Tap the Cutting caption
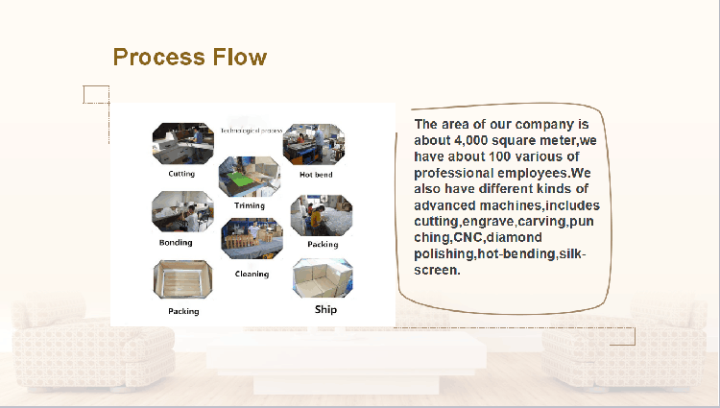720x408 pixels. pyautogui.click(x=180, y=174)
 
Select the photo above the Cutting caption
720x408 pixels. pyautogui.click(x=182, y=144)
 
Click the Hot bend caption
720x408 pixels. pyautogui.click(x=316, y=175)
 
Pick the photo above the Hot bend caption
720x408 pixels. pyautogui.click(x=314, y=144)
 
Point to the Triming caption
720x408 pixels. pyautogui.click(x=250, y=205)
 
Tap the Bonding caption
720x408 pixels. pyautogui.click(x=176, y=243)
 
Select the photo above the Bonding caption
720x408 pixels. pyautogui.click(x=182, y=212)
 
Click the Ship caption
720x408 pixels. pyautogui.click(x=326, y=310)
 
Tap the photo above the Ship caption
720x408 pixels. pyautogui.click(x=323, y=278)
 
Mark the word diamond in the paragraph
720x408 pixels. pyautogui.click(x=514, y=237)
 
